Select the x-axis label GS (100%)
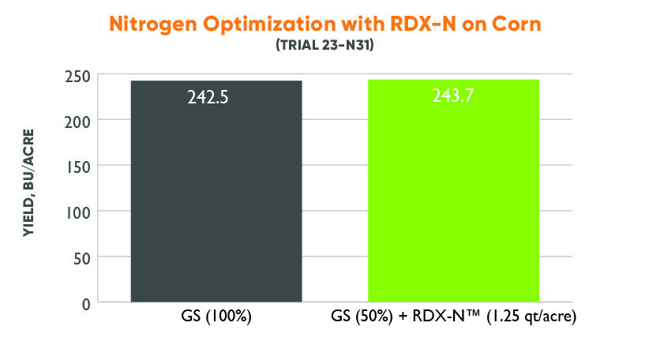pyautogui.click(x=216, y=320)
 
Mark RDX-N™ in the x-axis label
pyautogui.click(x=438, y=320)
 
